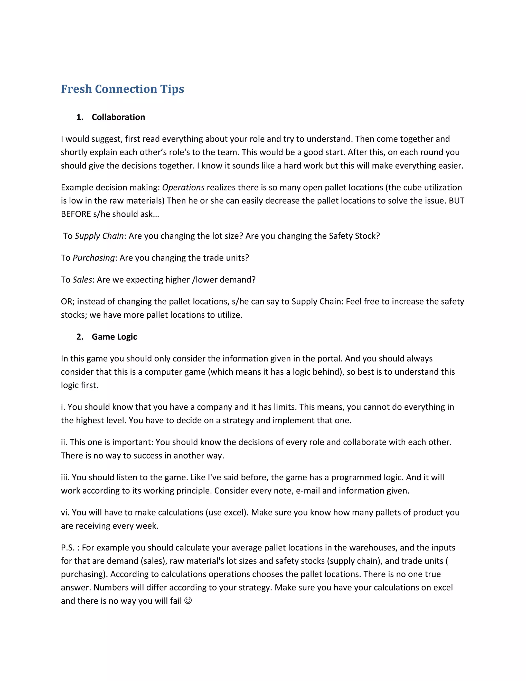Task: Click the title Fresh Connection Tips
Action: (123, 89)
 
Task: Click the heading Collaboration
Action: (118, 117)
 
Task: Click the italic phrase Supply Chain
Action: (99, 236)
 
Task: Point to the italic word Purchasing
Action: (93, 258)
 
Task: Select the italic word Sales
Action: (82, 280)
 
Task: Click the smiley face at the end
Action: (188, 600)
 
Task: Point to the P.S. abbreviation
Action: (68, 548)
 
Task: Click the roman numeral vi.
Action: (65, 512)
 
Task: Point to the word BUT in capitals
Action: (456, 201)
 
